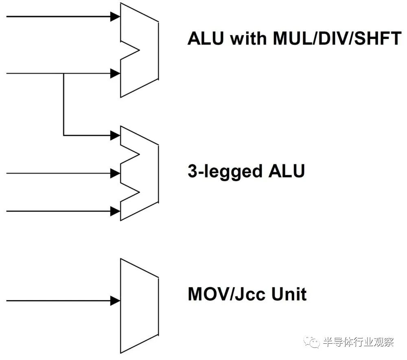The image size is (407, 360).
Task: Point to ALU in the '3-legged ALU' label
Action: [287, 171]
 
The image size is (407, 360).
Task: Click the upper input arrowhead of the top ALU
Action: [116, 17]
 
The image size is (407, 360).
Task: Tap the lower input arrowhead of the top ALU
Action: [116, 74]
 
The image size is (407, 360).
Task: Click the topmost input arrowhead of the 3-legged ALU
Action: [116, 135]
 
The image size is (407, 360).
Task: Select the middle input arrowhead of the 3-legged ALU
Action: [116, 173]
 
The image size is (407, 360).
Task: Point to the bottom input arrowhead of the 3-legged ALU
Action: [116, 211]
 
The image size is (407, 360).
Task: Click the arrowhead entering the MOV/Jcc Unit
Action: [116, 301]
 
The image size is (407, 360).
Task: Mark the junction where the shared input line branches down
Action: [63, 74]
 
